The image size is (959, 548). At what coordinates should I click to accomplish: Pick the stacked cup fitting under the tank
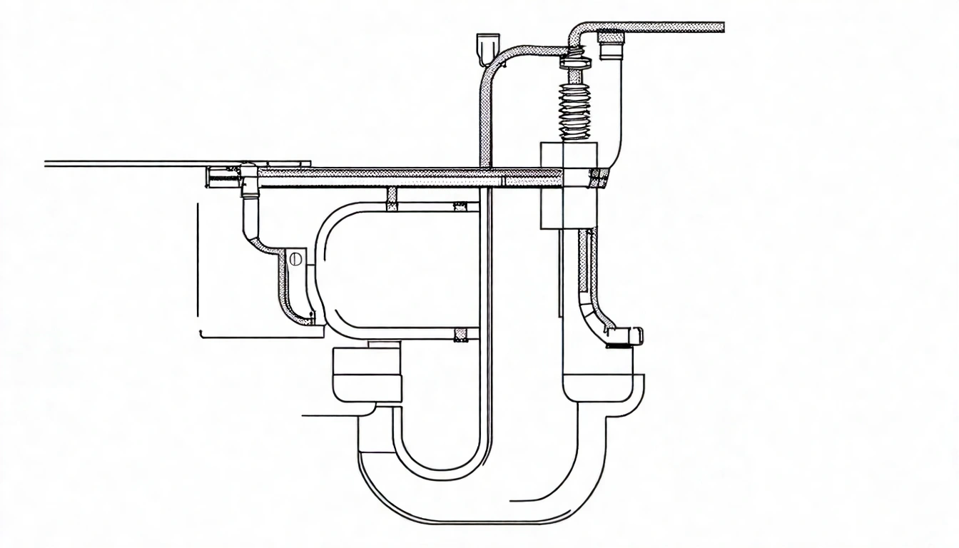(367, 375)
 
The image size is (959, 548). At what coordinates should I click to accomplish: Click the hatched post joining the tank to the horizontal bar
(391, 198)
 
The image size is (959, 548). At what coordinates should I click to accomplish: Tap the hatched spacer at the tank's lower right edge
(462, 333)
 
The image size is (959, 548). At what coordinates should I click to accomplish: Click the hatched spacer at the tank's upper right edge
(462, 207)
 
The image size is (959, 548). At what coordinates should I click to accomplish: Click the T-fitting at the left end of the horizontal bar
(248, 178)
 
